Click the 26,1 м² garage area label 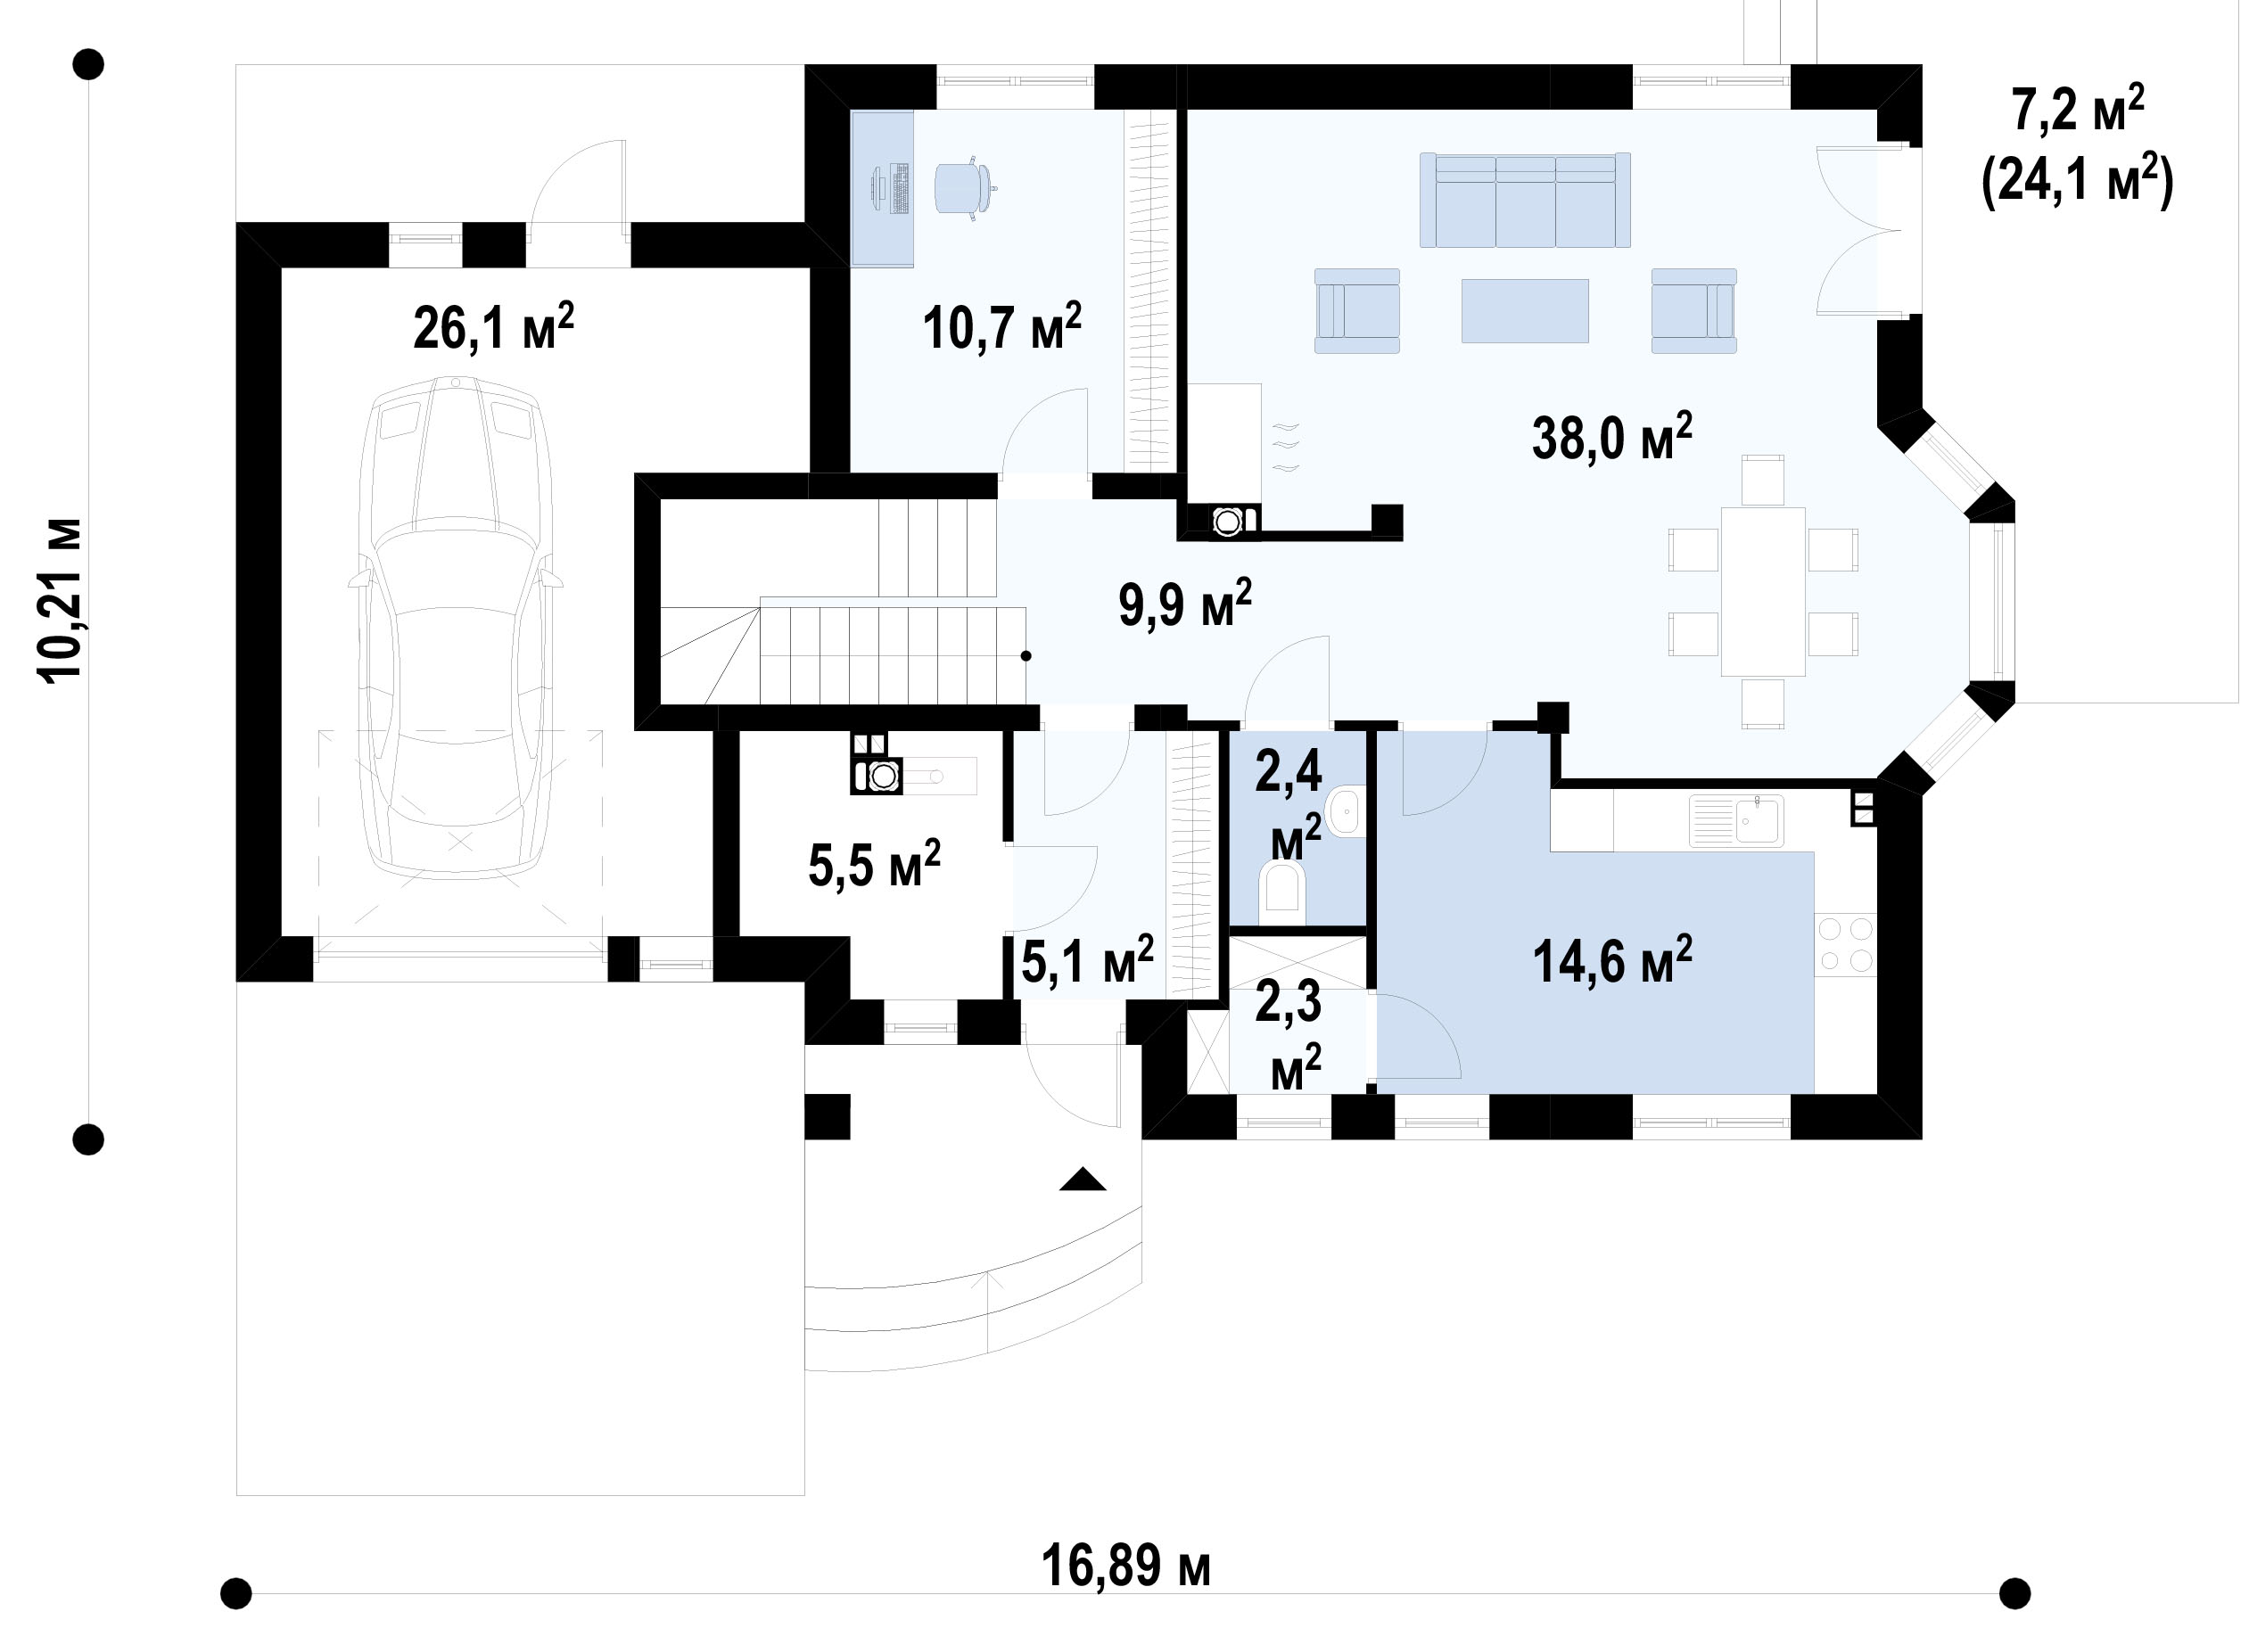(493, 327)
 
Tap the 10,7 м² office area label (1001, 327)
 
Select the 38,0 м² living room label (1611, 436)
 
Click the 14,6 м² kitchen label (1612, 959)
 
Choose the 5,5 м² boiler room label (874, 865)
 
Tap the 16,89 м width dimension (1125, 1566)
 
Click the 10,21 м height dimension (60, 600)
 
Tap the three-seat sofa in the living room (1525, 200)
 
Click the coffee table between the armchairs (1525, 310)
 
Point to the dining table (1763, 591)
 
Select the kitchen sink (1736, 821)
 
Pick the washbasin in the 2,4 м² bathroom (1347, 812)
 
